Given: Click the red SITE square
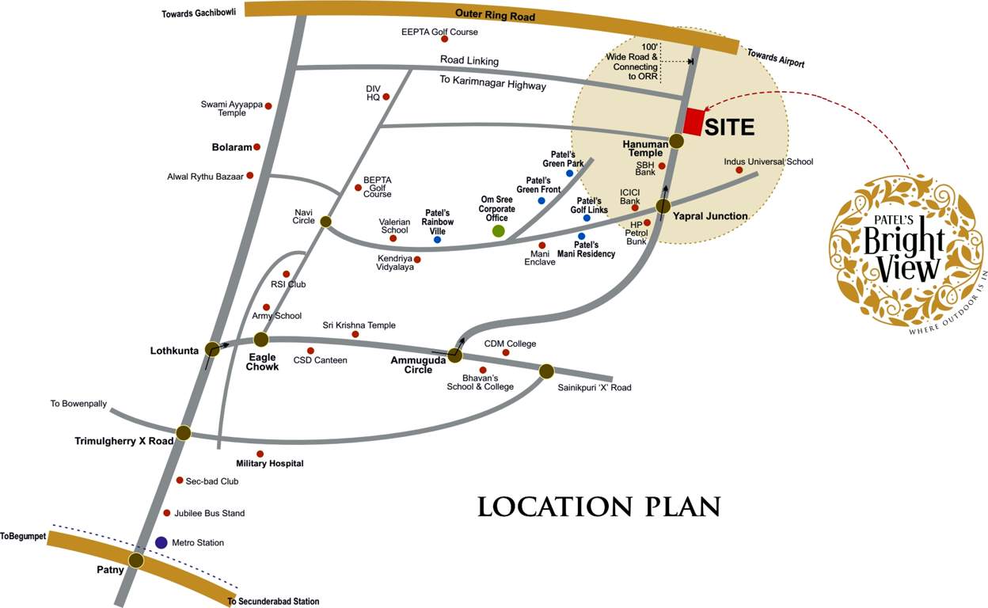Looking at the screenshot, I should (x=693, y=121).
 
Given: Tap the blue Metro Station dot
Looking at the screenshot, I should (x=161, y=542).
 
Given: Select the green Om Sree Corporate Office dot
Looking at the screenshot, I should (x=499, y=230).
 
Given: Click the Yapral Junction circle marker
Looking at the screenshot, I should (x=663, y=207).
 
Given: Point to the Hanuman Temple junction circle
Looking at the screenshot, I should (x=677, y=141).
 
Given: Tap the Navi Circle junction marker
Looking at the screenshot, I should (x=325, y=222).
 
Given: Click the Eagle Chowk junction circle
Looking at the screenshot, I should (x=261, y=340).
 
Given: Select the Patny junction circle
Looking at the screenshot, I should (x=136, y=560).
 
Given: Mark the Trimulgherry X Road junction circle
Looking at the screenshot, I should (x=184, y=432).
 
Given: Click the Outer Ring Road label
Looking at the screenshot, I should (x=495, y=15).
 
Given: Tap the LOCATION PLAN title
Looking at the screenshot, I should (x=599, y=507).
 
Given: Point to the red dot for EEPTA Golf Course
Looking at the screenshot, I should (x=444, y=39).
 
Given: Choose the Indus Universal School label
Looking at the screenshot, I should (x=768, y=161).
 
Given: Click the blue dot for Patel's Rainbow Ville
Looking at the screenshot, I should (x=437, y=239).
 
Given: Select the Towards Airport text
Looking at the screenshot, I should (x=776, y=58).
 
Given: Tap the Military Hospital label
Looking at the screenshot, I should (x=270, y=463).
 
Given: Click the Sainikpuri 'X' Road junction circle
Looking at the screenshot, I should (x=546, y=370).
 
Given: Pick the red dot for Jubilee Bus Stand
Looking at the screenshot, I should (x=166, y=513).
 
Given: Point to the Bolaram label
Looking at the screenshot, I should (x=232, y=147).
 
